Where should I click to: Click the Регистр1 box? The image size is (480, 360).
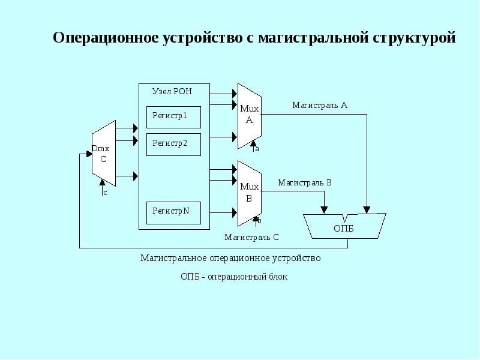174,117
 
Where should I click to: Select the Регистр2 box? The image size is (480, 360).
174,145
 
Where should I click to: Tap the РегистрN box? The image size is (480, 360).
174,212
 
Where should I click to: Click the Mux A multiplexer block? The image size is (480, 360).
249,115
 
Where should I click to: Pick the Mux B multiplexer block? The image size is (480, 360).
249,193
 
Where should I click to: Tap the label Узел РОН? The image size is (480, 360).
172,92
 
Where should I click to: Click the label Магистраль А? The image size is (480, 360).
320,105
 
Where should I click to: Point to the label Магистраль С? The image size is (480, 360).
251,237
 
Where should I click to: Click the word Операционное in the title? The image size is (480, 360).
106,38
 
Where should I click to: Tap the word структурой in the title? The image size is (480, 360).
415,38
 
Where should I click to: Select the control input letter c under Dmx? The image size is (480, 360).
105,193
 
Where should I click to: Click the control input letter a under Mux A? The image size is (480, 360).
257,149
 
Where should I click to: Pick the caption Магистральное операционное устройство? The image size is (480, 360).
230,258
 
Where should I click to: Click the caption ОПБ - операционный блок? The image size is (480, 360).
234,277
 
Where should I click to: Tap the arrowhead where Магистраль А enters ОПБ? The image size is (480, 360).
367,209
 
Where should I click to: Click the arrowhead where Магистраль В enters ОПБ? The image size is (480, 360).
324,209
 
